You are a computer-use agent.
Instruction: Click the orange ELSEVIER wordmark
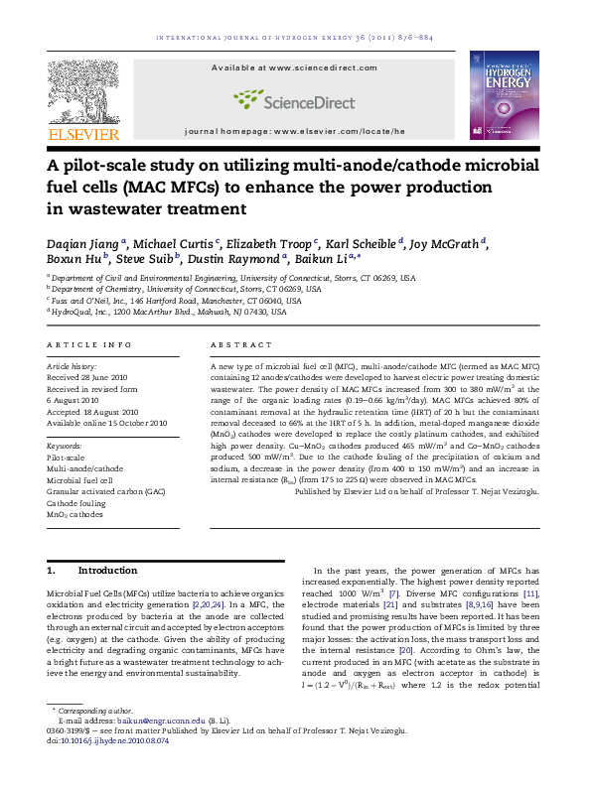(x=84, y=134)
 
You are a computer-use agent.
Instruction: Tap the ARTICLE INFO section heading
(x=89, y=344)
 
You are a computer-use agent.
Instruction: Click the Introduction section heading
(x=107, y=571)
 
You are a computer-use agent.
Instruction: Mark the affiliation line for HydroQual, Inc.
(x=168, y=312)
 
